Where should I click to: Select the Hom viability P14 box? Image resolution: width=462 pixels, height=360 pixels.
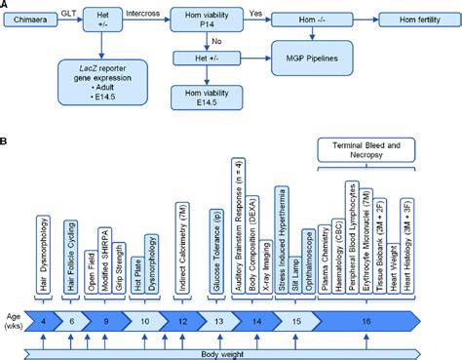tap(210, 19)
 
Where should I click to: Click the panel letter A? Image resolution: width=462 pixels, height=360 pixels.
tap(6, 6)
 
